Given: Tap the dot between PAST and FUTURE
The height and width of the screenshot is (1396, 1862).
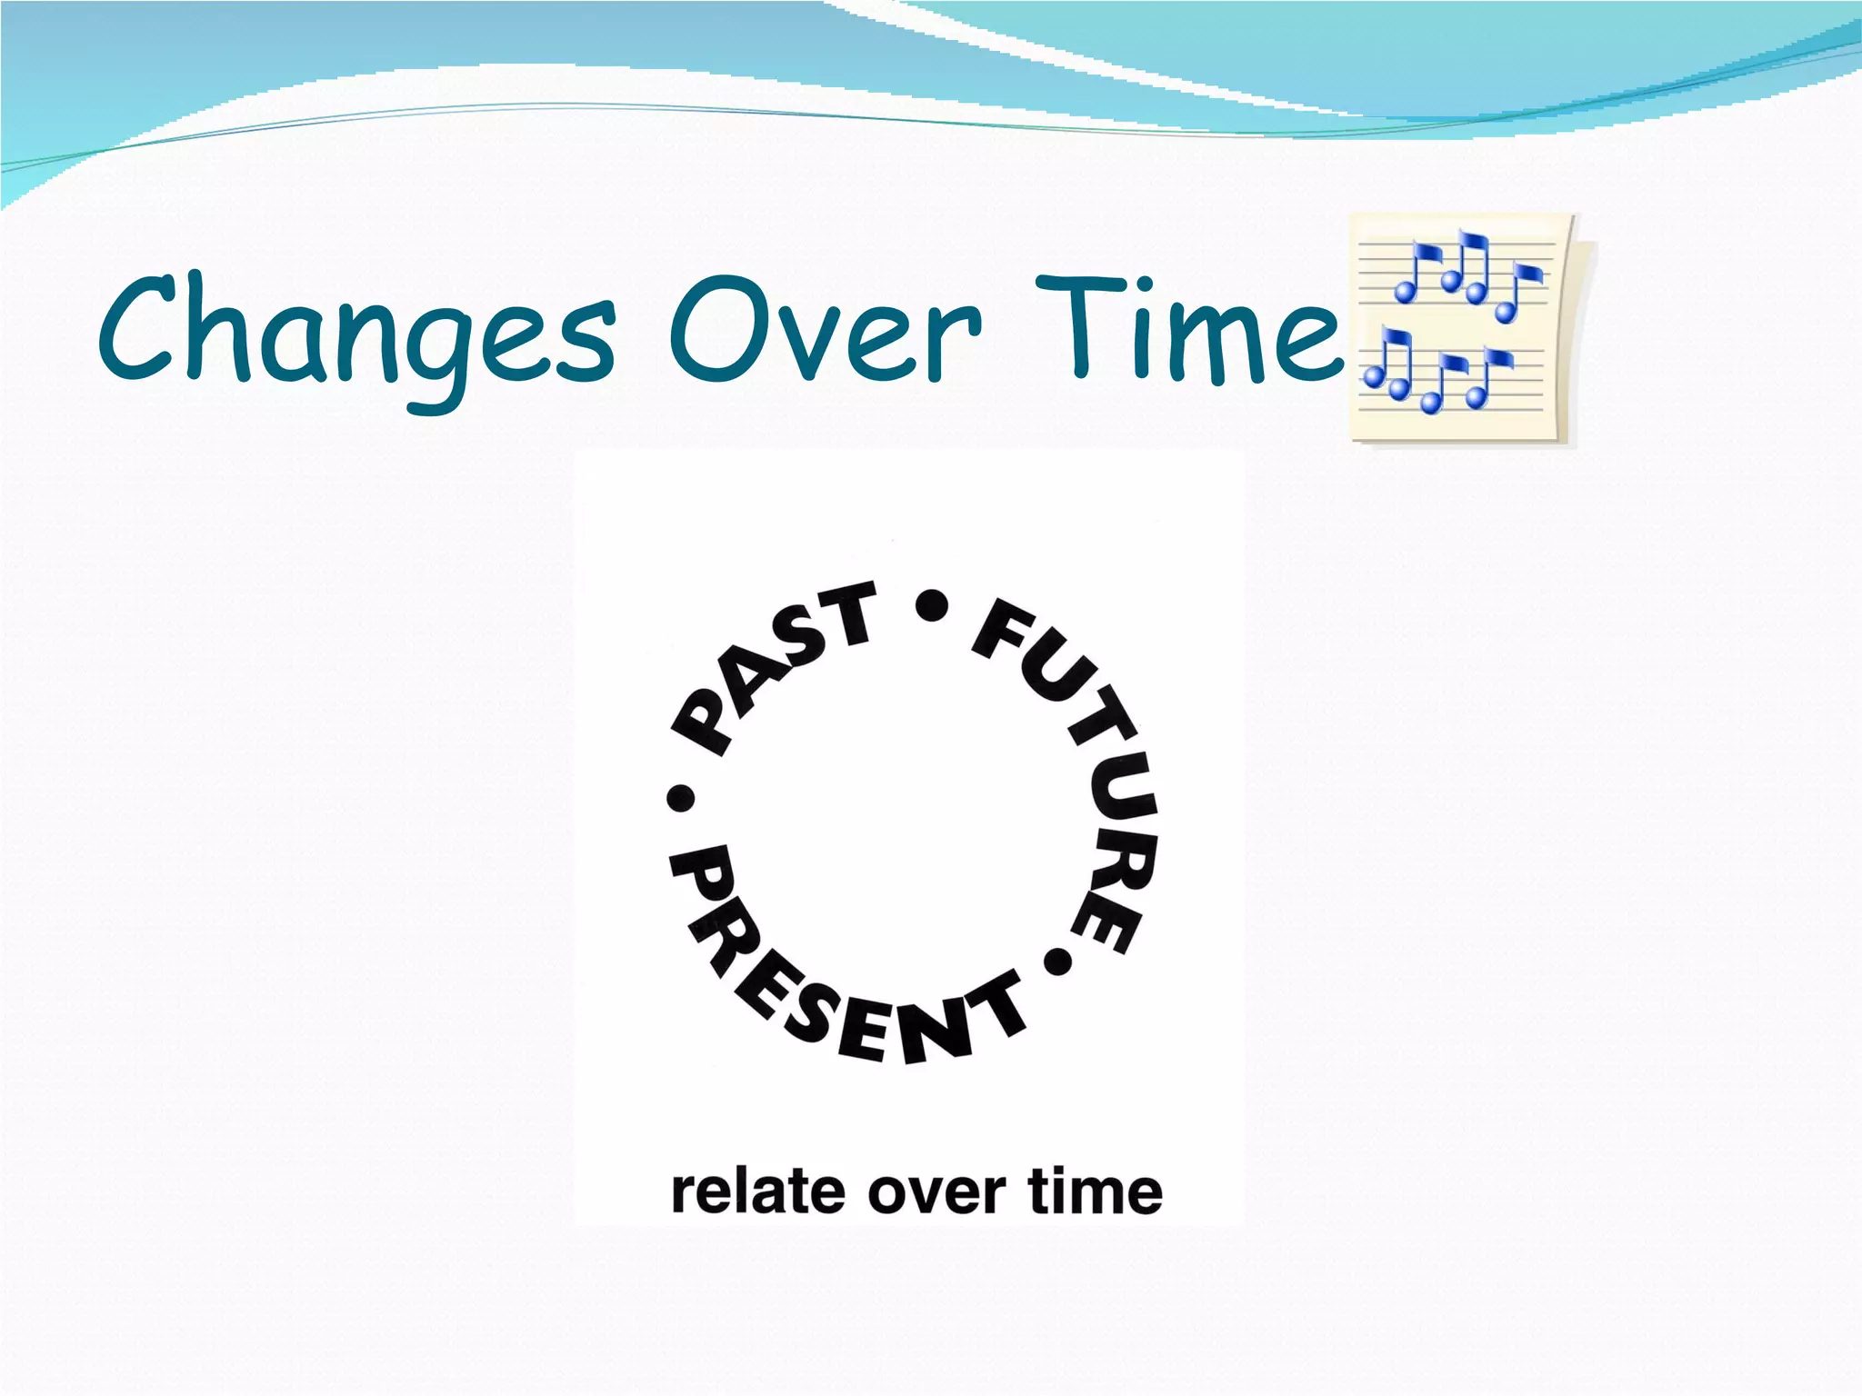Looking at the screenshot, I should (x=932, y=605).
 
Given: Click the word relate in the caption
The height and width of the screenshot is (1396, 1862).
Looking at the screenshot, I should (x=754, y=1192).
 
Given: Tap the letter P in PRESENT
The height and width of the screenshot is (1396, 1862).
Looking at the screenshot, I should (x=698, y=872).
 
